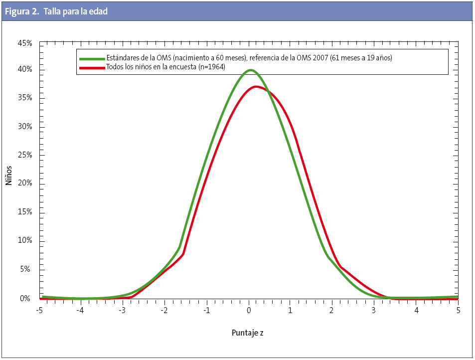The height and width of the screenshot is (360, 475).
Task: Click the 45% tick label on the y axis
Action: point(25,43)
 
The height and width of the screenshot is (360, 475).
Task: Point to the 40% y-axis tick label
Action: point(25,69)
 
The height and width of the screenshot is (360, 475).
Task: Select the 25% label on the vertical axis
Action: point(25,155)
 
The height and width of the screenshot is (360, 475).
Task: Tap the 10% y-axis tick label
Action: point(25,241)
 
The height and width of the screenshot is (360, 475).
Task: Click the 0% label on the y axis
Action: point(25,299)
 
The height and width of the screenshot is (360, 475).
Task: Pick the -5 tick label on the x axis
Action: point(40,310)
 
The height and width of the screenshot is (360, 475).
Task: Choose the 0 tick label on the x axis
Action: point(249,310)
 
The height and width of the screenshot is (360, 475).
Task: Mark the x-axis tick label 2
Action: point(332,310)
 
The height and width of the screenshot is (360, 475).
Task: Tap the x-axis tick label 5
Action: point(458,310)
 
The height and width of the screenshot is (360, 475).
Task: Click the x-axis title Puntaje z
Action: point(248,332)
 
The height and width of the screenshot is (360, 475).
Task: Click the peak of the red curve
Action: point(256,87)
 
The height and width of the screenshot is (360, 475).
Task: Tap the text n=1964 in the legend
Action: point(212,67)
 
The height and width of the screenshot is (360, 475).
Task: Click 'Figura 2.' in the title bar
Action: point(22,11)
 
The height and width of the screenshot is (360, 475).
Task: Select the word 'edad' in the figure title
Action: point(99,11)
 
